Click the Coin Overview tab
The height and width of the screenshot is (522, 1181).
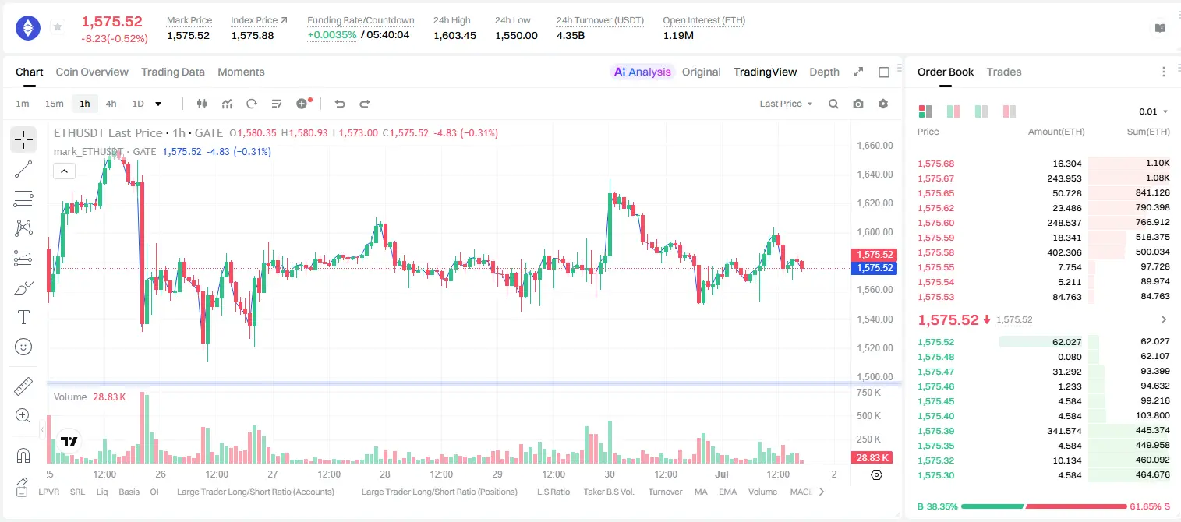pos(92,72)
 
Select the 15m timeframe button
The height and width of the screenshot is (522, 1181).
pos(55,104)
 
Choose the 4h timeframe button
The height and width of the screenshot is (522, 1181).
pos(111,104)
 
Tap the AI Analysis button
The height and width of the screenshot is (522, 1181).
pos(642,72)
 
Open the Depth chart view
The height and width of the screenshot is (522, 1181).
pos(824,72)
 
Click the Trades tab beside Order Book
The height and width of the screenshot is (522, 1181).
pos(1004,72)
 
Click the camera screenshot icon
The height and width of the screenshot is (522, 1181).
pos(858,104)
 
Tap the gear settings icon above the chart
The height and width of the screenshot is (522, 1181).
pos(883,104)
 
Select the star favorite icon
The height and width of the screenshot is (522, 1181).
pos(58,26)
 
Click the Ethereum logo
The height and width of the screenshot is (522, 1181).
pos(28,28)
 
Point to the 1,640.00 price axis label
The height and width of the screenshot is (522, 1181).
pos(875,175)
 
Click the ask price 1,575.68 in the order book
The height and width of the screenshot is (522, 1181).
pos(936,164)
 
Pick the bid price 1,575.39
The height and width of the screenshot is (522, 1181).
pos(936,431)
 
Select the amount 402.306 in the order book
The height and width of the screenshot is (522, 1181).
pos(1064,253)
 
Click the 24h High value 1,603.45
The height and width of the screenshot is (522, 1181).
pos(454,35)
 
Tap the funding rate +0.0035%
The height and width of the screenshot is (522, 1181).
pos(331,35)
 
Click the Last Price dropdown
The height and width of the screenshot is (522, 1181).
pos(786,104)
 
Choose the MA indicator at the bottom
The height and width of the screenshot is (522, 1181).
pos(701,492)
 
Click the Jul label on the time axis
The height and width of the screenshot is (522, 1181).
pos(721,474)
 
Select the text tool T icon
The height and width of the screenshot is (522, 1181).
pos(23,318)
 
